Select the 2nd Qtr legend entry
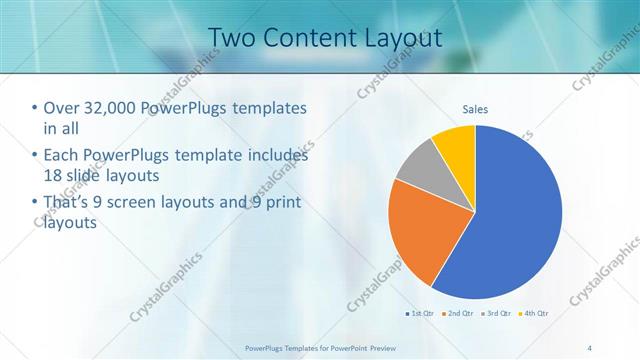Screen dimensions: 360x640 458,313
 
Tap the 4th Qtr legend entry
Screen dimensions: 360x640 534,313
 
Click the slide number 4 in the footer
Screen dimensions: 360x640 589,347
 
